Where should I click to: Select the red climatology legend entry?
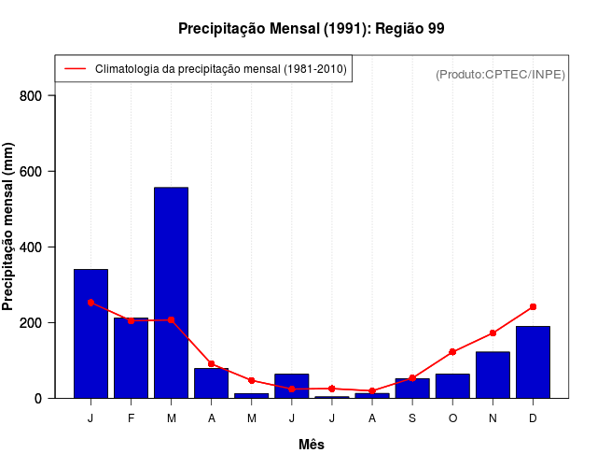pos(203,69)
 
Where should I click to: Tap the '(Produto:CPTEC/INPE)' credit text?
pos(500,74)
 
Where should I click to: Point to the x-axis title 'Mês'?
pos(312,445)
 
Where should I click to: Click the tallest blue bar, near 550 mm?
pos(172,292)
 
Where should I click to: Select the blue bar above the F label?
pos(132,358)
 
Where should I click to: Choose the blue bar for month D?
pos(533,362)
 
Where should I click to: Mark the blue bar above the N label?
pos(493,375)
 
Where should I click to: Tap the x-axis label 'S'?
pos(412,418)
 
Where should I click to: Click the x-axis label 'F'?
pos(132,418)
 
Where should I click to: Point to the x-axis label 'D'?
pos(533,418)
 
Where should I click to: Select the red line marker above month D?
pos(533,306)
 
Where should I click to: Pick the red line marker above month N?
pos(493,333)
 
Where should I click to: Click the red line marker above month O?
pos(452,352)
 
